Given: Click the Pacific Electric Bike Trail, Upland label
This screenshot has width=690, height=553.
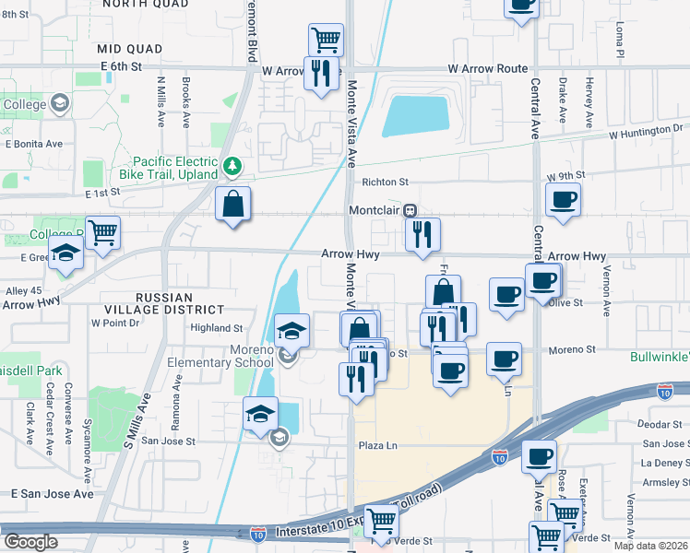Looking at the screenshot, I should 168,166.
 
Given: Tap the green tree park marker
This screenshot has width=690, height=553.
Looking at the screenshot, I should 234,167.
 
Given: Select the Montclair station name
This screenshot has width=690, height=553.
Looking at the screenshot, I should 378,210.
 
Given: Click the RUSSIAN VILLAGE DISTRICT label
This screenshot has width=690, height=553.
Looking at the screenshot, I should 180,304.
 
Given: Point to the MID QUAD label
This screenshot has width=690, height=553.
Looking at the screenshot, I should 130,48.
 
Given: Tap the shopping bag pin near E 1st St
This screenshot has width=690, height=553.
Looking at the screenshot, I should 234,204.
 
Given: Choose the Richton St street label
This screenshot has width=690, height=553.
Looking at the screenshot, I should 385,182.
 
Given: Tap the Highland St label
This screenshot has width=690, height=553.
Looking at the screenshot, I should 216,328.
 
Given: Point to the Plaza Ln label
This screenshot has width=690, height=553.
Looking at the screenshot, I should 377,446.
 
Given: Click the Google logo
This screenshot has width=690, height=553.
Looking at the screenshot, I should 30,542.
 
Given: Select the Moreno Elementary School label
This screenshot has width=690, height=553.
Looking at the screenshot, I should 220,356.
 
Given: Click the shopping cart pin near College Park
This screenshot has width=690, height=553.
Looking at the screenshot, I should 101,232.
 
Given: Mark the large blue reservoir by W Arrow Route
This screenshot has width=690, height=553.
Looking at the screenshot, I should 415,116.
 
